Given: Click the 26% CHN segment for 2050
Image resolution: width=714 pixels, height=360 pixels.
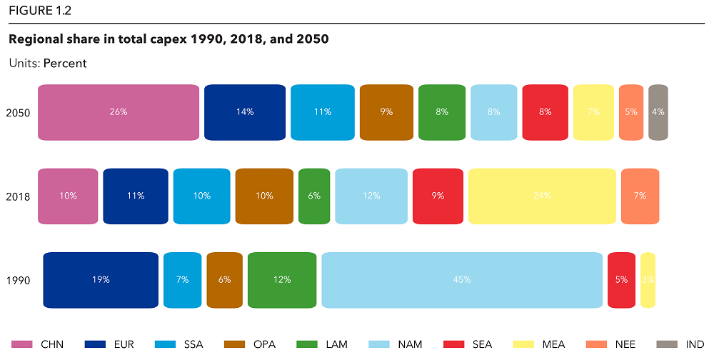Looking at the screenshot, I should [x=119, y=112].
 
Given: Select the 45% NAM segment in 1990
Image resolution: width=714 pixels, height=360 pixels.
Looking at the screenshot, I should [x=462, y=280].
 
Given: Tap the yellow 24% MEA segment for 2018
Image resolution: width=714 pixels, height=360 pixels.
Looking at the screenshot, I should [x=542, y=196].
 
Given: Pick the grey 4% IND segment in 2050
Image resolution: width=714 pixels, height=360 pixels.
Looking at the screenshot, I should [x=658, y=112].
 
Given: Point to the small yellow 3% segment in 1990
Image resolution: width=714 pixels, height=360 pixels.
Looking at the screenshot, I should [x=648, y=280].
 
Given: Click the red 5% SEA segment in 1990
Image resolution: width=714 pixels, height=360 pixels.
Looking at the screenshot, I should [x=621, y=280].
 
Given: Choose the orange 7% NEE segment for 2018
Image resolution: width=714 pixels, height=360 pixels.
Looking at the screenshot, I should [x=640, y=196].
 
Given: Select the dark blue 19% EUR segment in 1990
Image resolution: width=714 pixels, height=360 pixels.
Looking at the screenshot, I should [x=101, y=280].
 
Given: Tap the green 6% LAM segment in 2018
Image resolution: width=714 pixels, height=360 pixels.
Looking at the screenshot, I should [x=314, y=196].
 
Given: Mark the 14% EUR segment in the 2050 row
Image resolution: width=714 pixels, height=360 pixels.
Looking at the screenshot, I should [x=245, y=112].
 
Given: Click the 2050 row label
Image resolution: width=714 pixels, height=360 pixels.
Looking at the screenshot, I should [x=18, y=113].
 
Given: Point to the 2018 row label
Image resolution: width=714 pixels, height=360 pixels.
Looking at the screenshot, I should [x=18, y=196].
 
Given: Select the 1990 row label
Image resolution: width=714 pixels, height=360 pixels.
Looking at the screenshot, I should [x=18, y=281].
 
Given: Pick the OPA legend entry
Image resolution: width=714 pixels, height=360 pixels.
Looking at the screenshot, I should [x=263, y=344].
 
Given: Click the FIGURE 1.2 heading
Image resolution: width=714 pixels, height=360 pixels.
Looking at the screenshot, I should [x=40, y=11].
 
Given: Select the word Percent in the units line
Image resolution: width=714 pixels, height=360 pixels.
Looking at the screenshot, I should [x=65, y=64].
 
